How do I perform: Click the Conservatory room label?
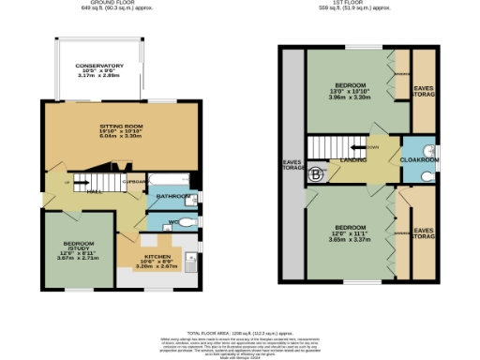pos(98,66)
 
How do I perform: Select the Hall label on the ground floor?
pos(94,190)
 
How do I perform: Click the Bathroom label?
pos(172,197)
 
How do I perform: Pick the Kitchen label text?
pos(157,254)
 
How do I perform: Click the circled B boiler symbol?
pos(316,173)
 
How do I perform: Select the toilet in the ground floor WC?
pos(190,222)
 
